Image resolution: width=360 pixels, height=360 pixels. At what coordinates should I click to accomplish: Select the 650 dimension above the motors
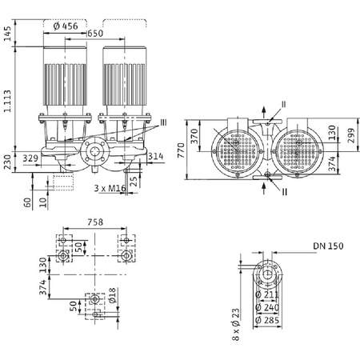[95, 34]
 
